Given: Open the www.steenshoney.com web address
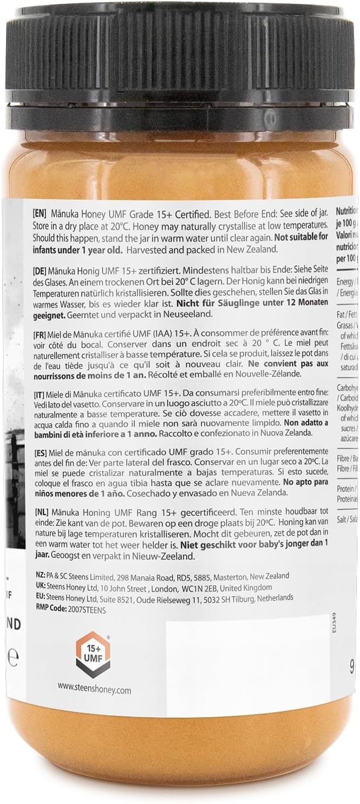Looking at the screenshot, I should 94,690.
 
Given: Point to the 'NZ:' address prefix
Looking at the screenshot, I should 39,576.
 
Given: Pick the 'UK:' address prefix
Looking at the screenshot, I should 39,587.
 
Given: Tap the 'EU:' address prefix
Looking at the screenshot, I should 39,598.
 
